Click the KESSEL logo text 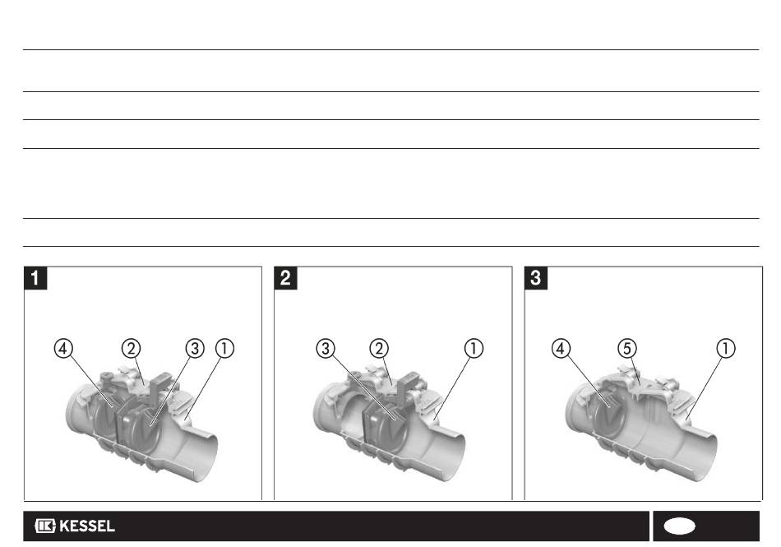coord(87,526)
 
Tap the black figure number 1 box coord(35,278)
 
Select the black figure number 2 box coord(285,278)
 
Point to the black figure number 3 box coord(536,278)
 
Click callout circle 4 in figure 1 coord(63,348)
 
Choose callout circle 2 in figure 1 coord(131,348)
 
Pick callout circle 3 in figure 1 coord(195,348)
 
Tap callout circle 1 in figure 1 coord(224,348)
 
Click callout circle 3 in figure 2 coord(326,348)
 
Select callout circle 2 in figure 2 coord(379,348)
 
